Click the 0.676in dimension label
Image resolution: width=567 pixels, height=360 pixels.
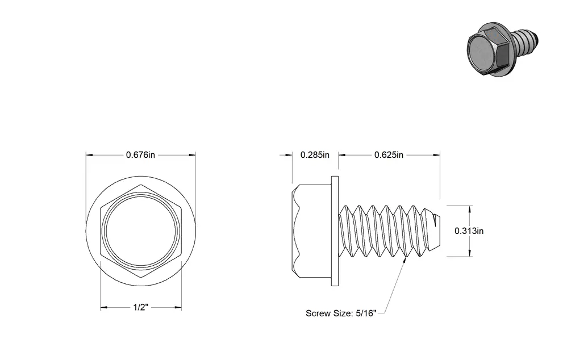pyautogui.click(x=140, y=154)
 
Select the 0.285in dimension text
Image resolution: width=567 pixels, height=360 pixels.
pyautogui.click(x=315, y=154)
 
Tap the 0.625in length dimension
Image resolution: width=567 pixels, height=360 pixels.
pyautogui.click(x=389, y=154)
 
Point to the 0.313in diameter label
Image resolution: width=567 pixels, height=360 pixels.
pyautogui.click(x=469, y=231)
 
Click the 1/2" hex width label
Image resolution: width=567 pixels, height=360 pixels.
pyautogui.click(x=141, y=307)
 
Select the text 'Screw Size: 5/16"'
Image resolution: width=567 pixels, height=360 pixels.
pyautogui.click(x=341, y=313)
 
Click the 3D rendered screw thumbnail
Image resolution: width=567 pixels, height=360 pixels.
pyautogui.click(x=503, y=50)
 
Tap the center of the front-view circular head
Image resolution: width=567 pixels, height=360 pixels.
pyautogui.click(x=141, y=231)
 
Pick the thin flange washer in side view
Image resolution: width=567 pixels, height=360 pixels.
pyautogui.click(x=335, y=231)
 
